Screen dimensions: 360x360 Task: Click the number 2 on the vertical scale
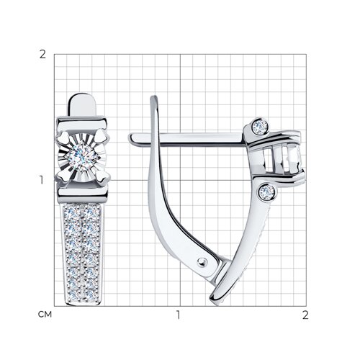(42, 55)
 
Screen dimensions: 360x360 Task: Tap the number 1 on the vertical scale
(42, 180)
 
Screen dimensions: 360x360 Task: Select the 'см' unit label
(45, 315)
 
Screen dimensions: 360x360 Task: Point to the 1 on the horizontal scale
(178, 315)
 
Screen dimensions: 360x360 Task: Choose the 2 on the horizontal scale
(305, 315)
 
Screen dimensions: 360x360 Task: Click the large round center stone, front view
(82, 156)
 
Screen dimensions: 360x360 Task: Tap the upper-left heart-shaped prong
(63, 138)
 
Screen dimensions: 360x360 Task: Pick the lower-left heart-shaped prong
(63, 176)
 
